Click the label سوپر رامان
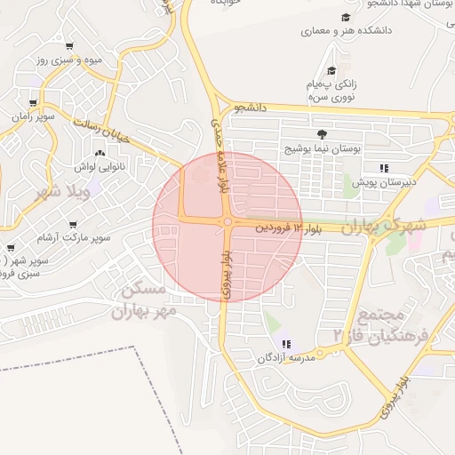(33, 116)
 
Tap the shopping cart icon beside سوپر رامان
(33, 103)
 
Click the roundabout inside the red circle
(228, 222)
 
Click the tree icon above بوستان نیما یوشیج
(308, 133)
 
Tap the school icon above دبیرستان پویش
(383, 167)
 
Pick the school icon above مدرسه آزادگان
(285, 344)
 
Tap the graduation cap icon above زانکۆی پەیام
(331, 70)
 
